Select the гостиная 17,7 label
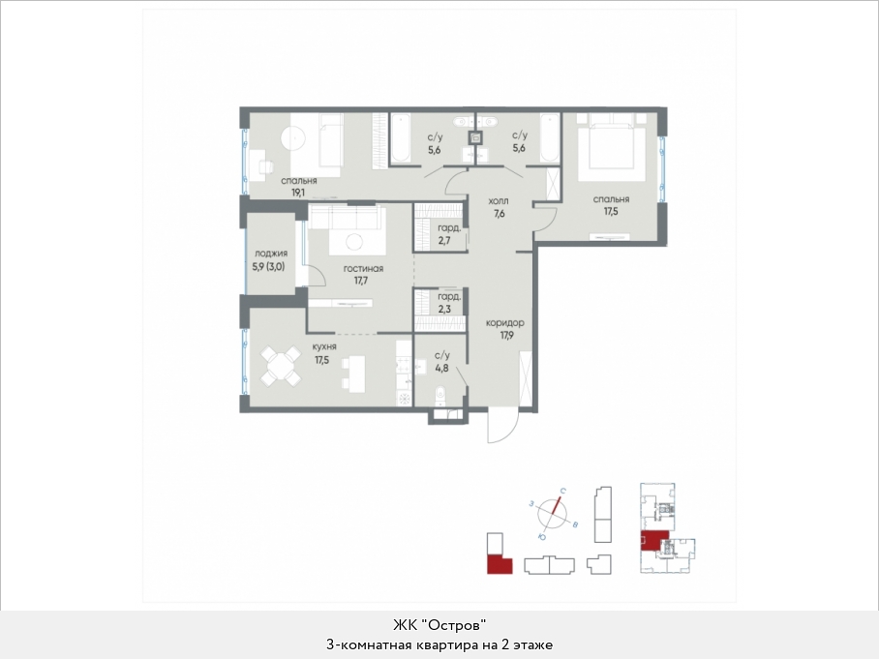pos(363,275)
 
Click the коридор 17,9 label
pos(505,329)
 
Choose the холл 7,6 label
pos(499,207)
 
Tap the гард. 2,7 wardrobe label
pos(448,234)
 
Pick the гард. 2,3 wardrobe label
pos(448,303)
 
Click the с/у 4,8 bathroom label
pos(441,362)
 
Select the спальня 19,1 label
pos(299,187)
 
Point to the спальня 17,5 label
pos(611,205)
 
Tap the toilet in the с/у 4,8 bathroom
pos(440,394)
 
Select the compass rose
pos(553,513)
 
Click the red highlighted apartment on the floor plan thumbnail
pos(654,541)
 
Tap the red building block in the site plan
pos(500,563)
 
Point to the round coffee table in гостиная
pos(354,242)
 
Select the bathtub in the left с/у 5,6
pos(400,138)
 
